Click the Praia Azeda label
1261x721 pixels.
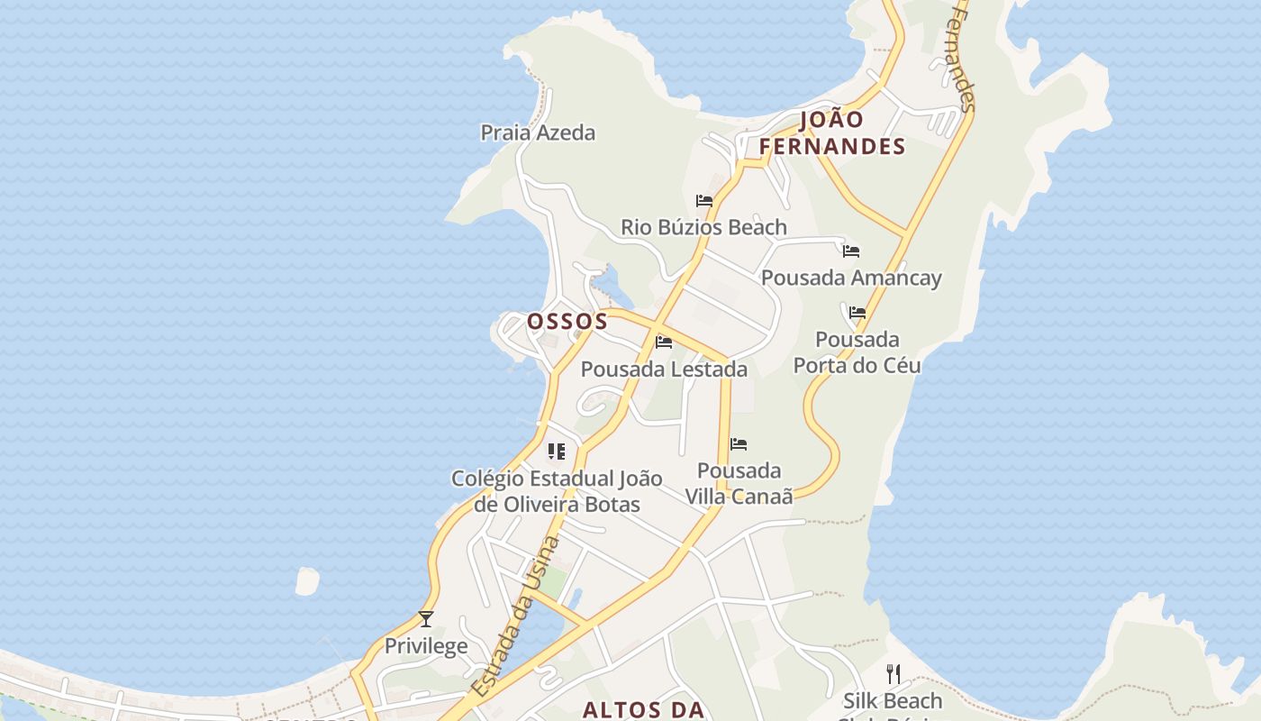point(538,132)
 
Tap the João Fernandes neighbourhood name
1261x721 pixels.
point(831,132)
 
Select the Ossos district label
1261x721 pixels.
point(567,321)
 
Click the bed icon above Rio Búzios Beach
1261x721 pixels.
point(704,200)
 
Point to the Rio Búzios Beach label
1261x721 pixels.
point(703,227)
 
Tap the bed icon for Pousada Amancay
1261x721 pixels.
point(851,251)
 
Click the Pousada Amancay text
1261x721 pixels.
point(851,278)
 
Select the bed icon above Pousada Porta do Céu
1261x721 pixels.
point(857,313)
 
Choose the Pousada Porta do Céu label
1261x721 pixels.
point(857,352)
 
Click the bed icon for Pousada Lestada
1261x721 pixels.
point(664,342)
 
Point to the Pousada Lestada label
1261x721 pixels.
point(664,369)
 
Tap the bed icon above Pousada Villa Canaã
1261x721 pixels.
point(739,443)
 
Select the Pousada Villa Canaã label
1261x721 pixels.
point(739,483)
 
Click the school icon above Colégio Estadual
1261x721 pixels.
point(557,451)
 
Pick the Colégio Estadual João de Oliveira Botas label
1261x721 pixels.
point(557,491)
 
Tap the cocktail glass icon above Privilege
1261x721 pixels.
point(426,619)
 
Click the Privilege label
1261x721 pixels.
point(426,646)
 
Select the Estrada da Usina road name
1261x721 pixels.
point(515,616)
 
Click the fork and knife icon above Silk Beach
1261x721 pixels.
point(894,673)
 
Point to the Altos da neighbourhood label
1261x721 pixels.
point(642,709)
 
